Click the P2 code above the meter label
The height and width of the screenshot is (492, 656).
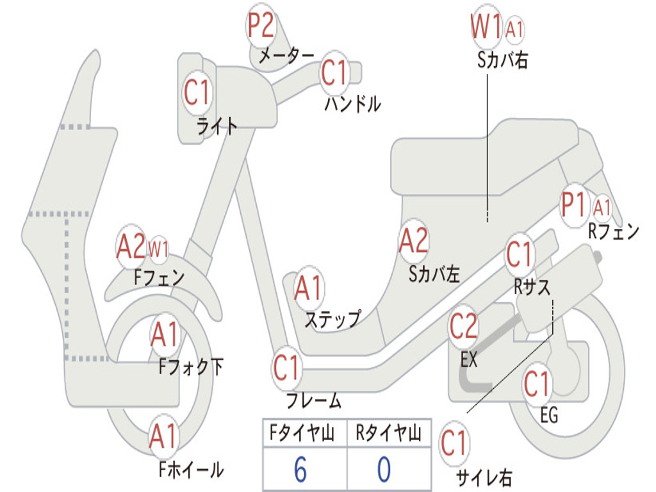click(261, 26)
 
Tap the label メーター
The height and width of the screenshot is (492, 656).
click(286, 56)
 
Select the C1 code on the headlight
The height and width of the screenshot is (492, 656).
click(197, 93)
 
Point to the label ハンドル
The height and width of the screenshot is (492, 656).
click(352, 102)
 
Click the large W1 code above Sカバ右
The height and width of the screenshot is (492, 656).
click(486, 28)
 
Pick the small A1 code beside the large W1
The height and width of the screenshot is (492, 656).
click(514, 29)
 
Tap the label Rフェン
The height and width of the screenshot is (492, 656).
click(614, 231)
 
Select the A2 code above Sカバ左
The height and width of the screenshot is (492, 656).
click(413, 241)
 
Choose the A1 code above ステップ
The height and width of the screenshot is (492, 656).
click(309, 289)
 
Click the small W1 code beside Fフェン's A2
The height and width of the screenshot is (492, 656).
click(158, 249)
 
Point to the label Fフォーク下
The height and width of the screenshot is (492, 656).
click(192, 366)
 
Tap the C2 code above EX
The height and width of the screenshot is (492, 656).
click(463, 327)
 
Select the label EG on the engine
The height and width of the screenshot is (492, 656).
click(549, 415)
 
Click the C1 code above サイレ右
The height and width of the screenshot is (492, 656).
click(454, 443)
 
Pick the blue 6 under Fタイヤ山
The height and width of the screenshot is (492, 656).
click(300, 470)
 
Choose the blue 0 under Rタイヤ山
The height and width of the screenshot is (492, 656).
click(384, 470)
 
